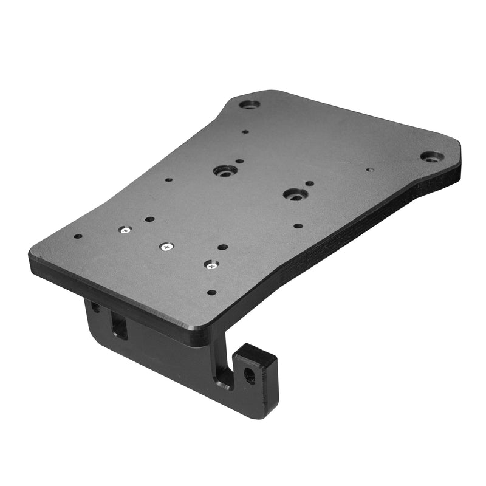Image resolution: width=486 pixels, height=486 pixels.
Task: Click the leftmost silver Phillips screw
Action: [x=125, y=230]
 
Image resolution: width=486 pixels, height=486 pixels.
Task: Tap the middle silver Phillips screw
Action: [x=166, y=247]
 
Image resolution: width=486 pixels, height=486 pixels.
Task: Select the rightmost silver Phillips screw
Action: [x=210, y=265]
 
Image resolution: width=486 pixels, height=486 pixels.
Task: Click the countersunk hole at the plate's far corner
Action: [x=249, y=104]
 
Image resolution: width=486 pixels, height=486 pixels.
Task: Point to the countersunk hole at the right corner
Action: [x=430, y=157]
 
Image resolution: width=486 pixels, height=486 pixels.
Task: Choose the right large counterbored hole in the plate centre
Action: [x=295, y=194]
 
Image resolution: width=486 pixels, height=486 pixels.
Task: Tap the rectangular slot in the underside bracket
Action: [x=119, y=326]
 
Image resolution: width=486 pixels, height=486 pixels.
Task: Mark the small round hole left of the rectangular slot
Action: [x=95, y=307]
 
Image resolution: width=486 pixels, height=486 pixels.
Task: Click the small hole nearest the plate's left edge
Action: [x=78, y=237]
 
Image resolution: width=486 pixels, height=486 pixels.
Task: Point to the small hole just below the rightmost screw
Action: [x=211, y=292]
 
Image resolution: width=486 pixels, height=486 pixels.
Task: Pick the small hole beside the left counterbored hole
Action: [x=240, y=162]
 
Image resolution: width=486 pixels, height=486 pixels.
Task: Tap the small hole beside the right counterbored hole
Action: [x=310, y=183]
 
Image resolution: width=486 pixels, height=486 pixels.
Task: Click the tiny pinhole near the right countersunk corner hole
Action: [x=370, y=171]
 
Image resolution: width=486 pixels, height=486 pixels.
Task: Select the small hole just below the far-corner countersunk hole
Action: [x=245, y=131]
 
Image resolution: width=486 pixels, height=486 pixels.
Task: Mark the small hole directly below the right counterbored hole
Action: [x=298, y=225]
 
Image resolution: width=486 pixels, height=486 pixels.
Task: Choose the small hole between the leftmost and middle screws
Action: [x=149, y=219]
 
